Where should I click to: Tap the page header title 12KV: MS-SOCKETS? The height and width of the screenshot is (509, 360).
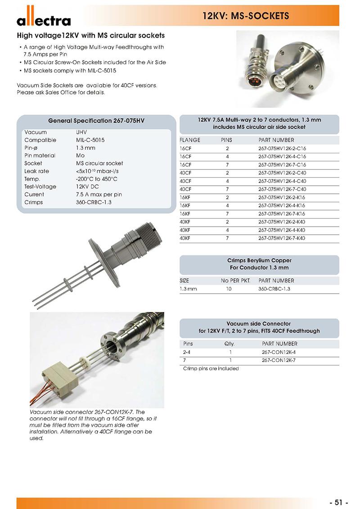click(x=245, y=17)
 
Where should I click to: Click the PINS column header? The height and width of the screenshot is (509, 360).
click(x=227, y=140)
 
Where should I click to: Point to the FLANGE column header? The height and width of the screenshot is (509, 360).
click(x=190, y=140)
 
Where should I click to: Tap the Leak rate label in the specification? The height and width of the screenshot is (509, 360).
click(x=37, y=171)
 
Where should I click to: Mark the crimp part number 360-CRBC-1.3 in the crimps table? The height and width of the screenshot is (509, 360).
click(x=274, y=289)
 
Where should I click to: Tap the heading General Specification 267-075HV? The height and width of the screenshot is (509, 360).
click(x=96, y=121)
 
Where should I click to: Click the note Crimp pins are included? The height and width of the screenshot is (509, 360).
click(x=211, y=369)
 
